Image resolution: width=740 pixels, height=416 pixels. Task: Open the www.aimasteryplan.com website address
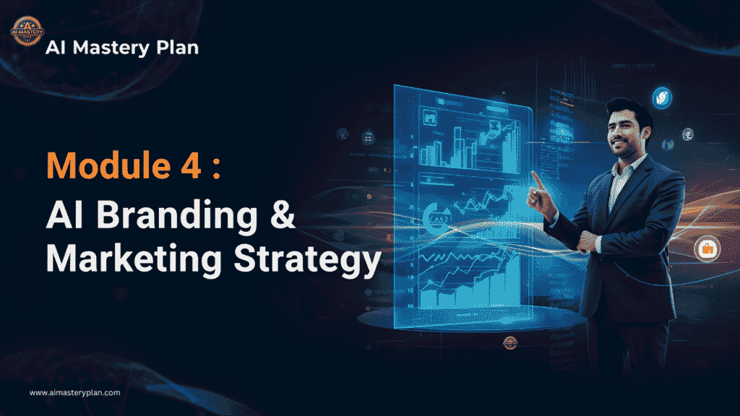click(74, 393)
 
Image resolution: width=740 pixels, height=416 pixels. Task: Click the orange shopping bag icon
click(706, 249)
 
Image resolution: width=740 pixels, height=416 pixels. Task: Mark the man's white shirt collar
click(623, 168)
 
